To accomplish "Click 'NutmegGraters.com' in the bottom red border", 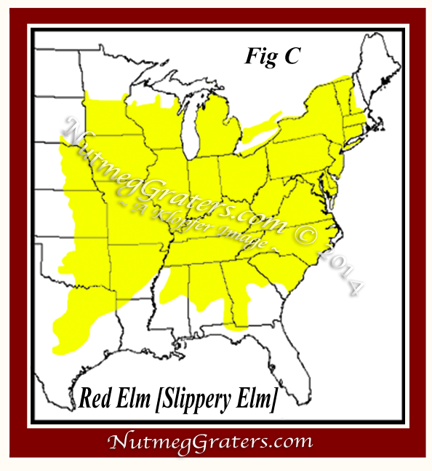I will pyautogui.click(x=210, y=442).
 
